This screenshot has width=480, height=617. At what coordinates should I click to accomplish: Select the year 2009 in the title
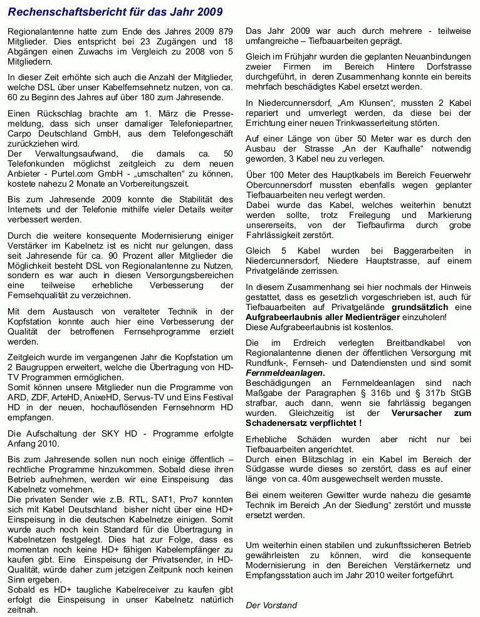[207, 12]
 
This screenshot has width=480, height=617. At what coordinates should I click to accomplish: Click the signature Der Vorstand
[271, 605]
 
